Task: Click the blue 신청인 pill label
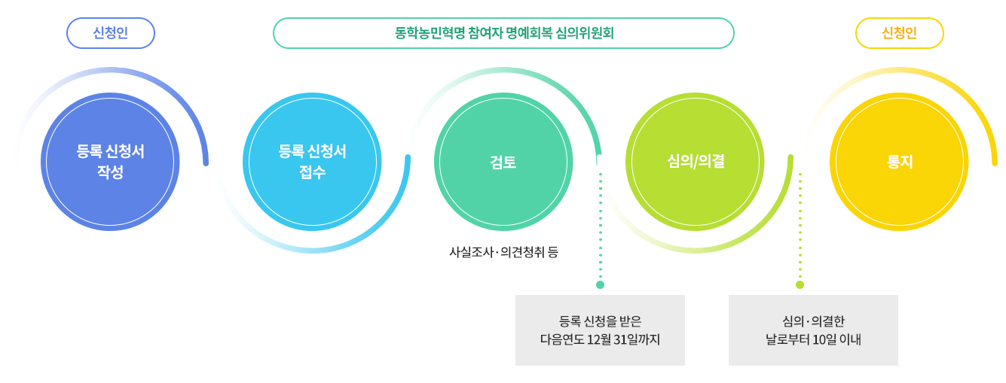click(x=111, y=33)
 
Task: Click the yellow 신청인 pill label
click(x=899, y=33)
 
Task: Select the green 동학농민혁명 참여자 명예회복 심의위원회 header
click(x=503, y=33)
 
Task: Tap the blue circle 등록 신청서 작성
click(x=110, y=162)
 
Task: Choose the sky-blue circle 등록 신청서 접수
click(x=312, y=162)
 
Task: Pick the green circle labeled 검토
click(x=503, y=162)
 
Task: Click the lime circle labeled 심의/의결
click(x=696, y=162)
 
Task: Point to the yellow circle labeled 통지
click(x=899, y=162)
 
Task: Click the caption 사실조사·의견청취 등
click(x=503, y=252)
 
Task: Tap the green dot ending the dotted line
click(x=600, y=284)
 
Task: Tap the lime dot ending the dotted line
click(x=800, y=284)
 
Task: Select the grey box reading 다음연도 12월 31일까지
click(x=600, y=330)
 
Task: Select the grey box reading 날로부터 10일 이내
click(x=813, y=330)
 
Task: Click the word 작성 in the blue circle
click(x=110, y=172)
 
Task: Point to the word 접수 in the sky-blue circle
click(x=312, y=172)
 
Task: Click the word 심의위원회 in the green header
click(x=585, y=33)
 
